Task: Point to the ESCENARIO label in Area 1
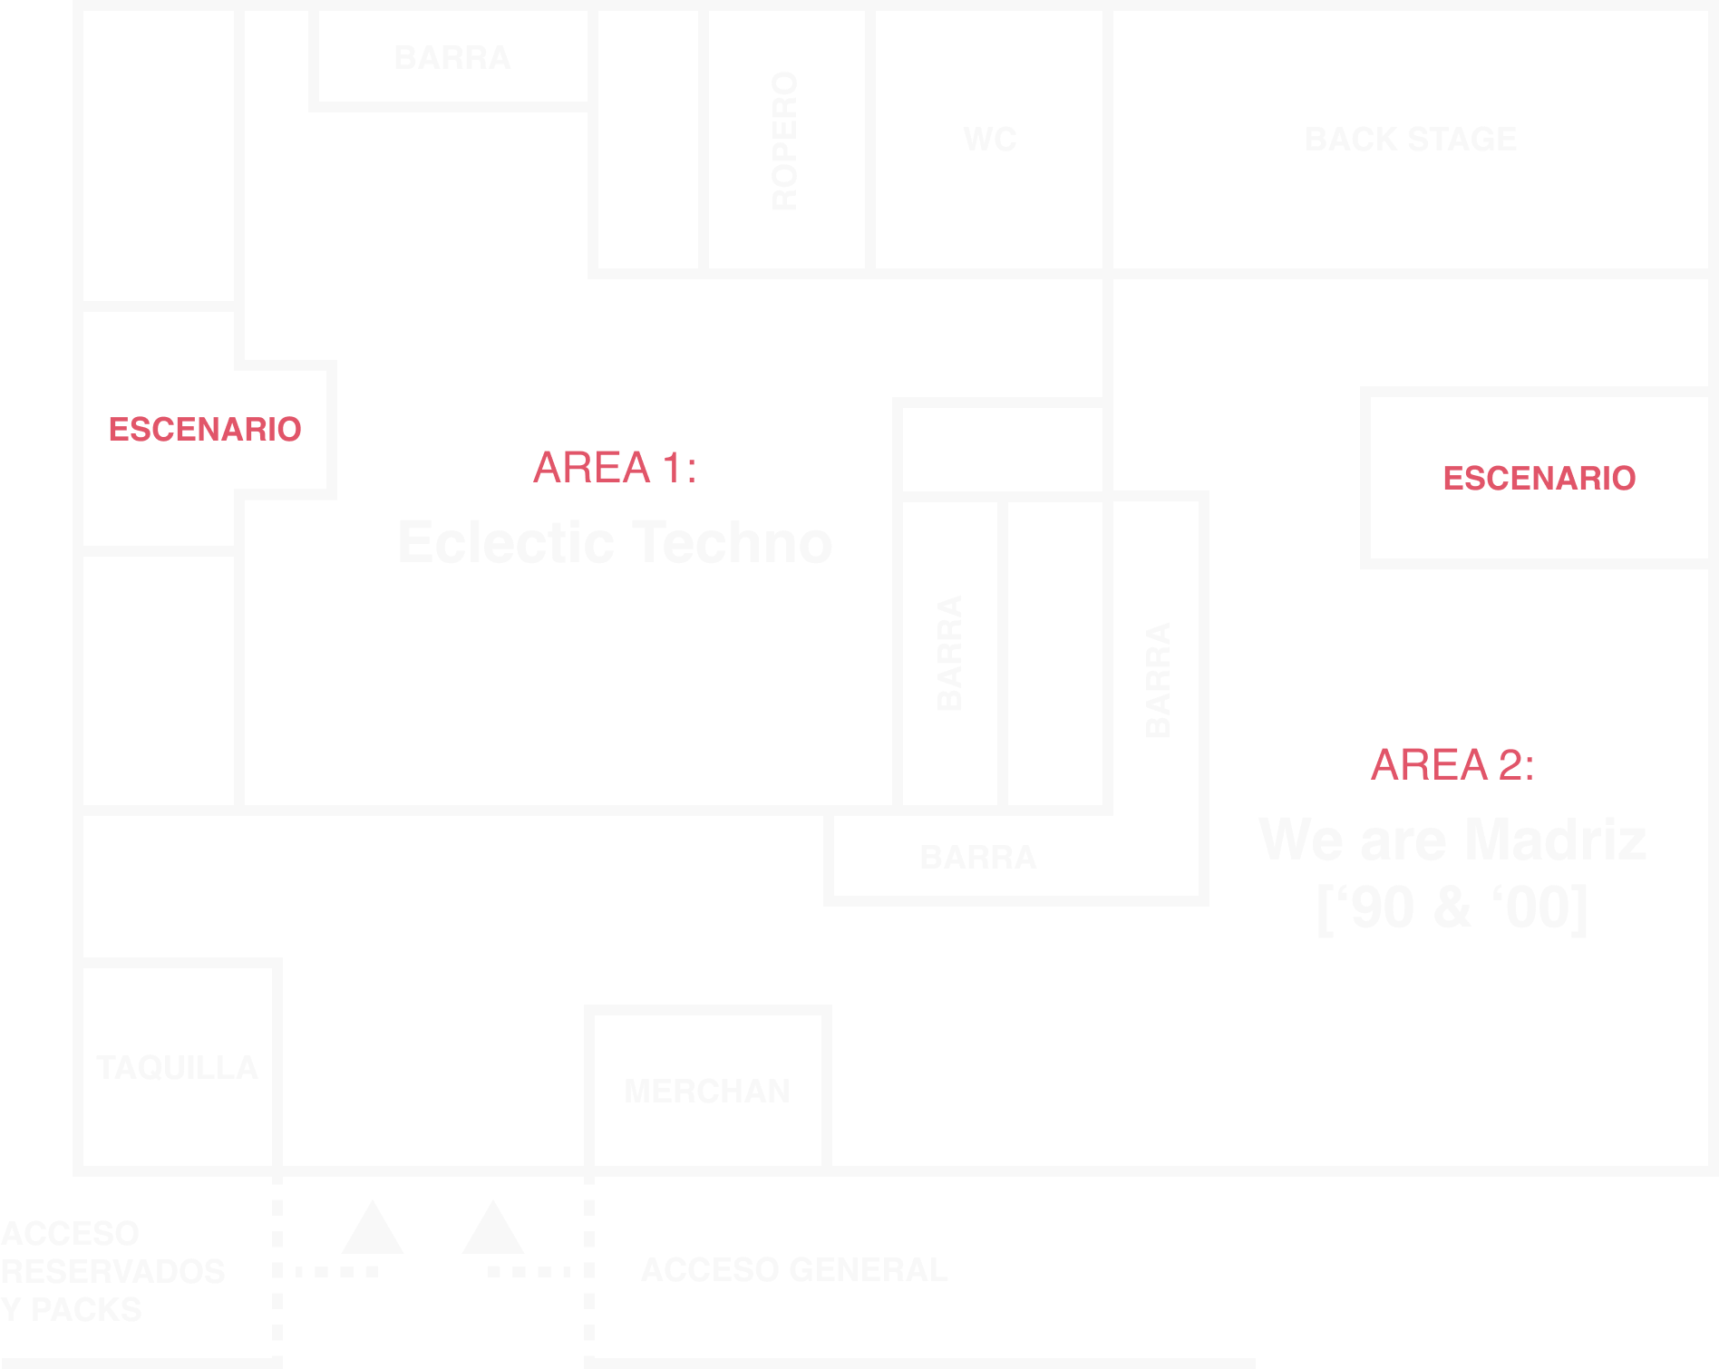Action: [204, 429]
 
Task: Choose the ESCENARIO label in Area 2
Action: [1539, 478]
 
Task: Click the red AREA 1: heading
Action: [615, 468]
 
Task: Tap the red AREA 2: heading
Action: [1452, 764]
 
